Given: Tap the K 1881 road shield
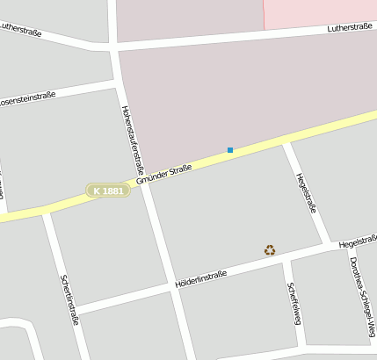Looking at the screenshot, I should click(108, 191).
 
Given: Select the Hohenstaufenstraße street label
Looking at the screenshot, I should click(131, 140).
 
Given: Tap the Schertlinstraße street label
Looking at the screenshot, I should click(69, 299).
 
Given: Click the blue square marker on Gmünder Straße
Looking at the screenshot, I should click(230, 150).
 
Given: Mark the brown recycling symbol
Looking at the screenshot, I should click(270, 250).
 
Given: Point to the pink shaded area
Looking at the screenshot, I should click(320, 13).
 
